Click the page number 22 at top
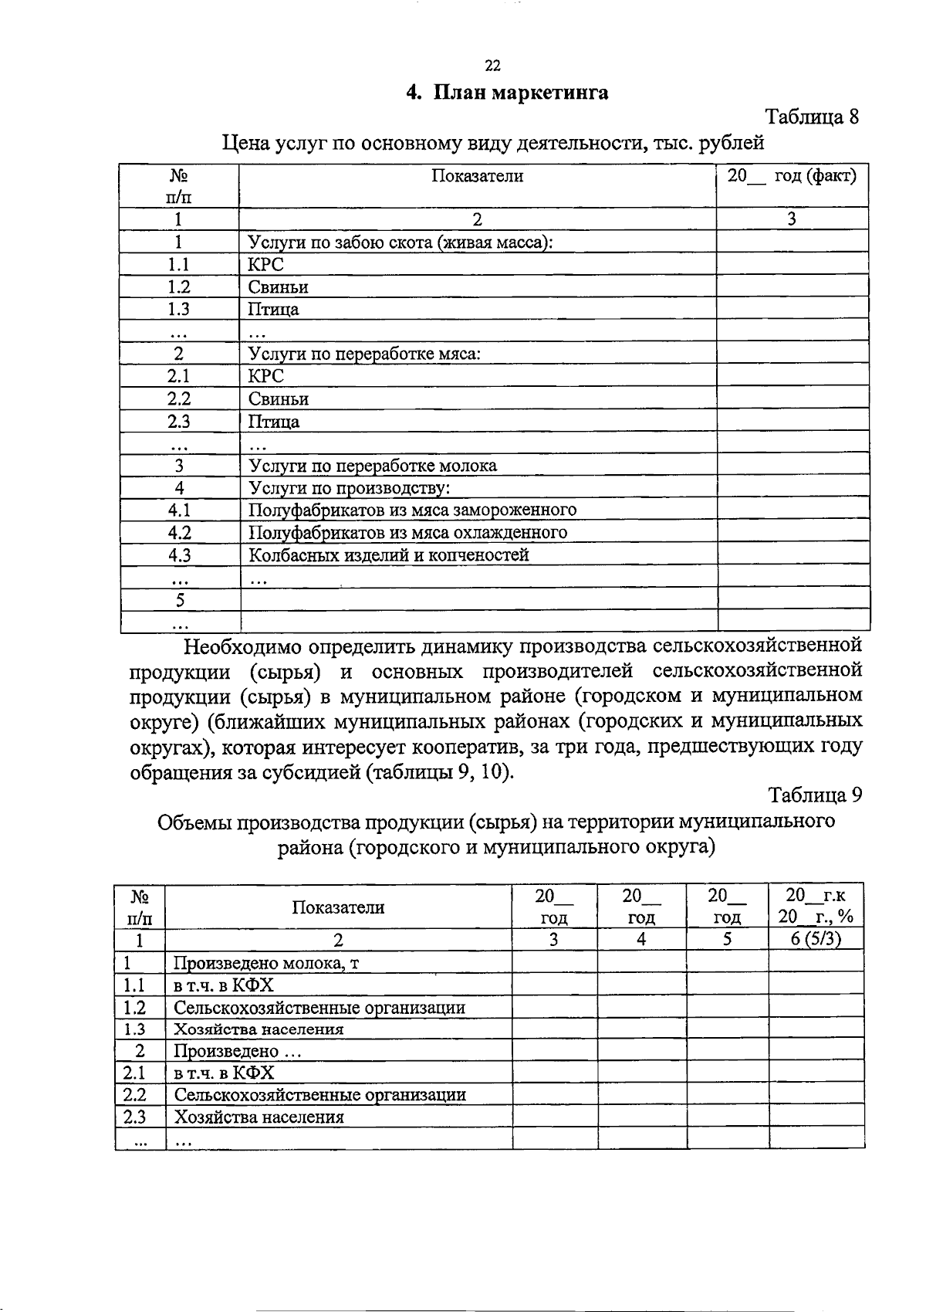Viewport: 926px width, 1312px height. (x=493, y=66)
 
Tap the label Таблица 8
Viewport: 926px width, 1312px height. (x=811, y=117)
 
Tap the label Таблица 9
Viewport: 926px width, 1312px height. (x=814, y=795)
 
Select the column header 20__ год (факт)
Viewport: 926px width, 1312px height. (x=793, y=176)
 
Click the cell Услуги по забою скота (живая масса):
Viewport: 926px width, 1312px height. (x=400, y=242)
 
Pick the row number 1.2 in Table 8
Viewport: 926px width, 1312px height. (x=178, y=287)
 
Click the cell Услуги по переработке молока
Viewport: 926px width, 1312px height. (x=373, y=466)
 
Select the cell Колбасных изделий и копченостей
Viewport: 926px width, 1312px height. (x=389, y=555)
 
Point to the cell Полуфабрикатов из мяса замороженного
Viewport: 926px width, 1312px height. (x=412, y=510)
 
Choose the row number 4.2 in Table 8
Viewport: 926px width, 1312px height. (x=179, y=533)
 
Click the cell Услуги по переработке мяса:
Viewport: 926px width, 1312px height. (x=364, y=354)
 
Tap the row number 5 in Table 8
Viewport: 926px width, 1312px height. (x=180, y=600)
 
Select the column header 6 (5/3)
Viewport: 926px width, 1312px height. (x=816, y=939)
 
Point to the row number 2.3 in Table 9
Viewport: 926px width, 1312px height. (x=134, y=1117)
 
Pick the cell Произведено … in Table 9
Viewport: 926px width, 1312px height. (x=237, y=1051)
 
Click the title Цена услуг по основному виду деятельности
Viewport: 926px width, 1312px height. (x=493, y=143)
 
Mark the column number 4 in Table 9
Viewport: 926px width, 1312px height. (x=641, y=939)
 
